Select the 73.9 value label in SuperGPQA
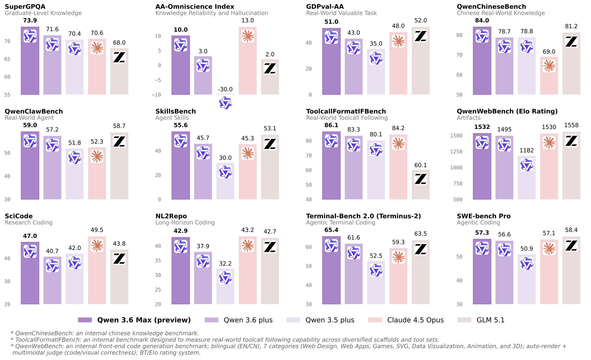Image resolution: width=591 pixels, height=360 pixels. [x=30, y=20]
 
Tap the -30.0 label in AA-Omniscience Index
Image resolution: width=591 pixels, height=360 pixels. [x=225, y=89]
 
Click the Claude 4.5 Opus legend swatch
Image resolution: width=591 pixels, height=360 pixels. [x=375, y=320]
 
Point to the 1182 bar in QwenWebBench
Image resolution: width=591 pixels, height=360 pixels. [x=527, y=177]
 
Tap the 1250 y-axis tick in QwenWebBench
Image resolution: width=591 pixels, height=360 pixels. [x=456, y=152]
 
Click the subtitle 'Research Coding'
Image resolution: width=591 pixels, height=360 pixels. [x=29, y=223]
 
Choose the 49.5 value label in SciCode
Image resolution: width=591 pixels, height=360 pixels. [x=97, y=230]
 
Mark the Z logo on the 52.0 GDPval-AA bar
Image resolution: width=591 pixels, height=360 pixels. [x=420, y=36]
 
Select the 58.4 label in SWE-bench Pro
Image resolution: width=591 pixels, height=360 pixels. [x=571, y=230]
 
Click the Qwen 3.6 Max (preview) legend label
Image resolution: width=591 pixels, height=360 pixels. [x=144, y=320]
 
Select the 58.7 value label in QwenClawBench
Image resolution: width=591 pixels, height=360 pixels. [x=119, y=126]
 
